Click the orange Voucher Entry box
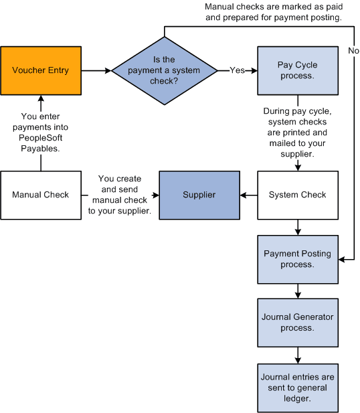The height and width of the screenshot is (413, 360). point(41,70)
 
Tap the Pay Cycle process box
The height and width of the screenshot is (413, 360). point(297,70)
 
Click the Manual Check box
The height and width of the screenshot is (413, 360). point(41,195)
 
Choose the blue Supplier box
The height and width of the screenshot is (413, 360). point(199,195)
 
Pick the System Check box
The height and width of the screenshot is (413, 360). point(297,195)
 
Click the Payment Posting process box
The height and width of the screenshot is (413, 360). point(297,259)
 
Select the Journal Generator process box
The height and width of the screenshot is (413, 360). point(297,323)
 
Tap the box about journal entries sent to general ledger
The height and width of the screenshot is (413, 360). point(297,387)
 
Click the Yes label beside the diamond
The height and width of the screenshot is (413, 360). point(237,70)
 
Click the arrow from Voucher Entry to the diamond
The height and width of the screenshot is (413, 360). point(96,70)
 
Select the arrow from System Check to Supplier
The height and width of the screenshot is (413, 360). point(249,195)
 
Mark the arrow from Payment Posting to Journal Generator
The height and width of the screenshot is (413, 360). point(297,292)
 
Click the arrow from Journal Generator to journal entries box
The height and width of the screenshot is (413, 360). point(297,355)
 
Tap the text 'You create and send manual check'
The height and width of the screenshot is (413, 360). point(120,195)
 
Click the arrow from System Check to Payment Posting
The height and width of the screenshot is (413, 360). point(297,228)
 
